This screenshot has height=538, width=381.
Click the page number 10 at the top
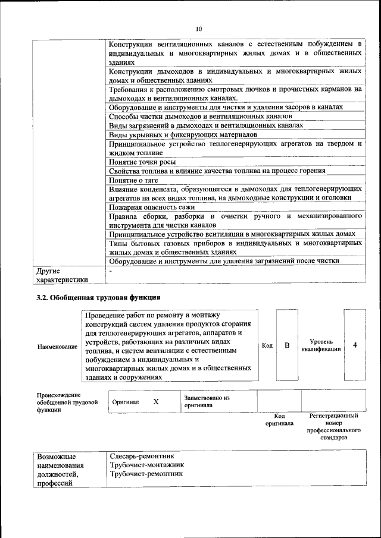pyautogui.click(x=199, y=28)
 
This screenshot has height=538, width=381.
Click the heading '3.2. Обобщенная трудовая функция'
pyautogui.click(x=98, y=297)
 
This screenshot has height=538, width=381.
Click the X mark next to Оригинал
pyautogui.click(x=156, y=402)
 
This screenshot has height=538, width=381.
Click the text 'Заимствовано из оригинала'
pyautogui.click(x=207, y=401)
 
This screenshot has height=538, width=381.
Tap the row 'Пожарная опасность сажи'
pyautogui.click(x=153, y=207)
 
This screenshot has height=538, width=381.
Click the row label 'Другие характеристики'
pyautogui.click(x=62, y=275)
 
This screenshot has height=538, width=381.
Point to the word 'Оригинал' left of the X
pyautogui.click(x=126, y=402)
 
